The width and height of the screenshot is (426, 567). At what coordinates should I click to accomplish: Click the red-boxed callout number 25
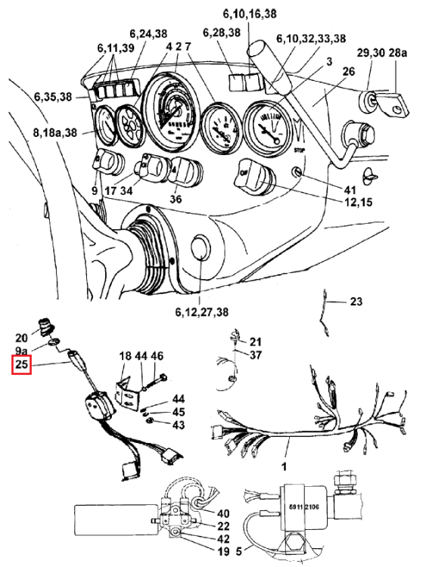(22, 364)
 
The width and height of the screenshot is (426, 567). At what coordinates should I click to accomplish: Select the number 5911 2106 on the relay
(304, 507)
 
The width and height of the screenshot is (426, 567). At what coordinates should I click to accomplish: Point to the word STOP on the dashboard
(299, 150)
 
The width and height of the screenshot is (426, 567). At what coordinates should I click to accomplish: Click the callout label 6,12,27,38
(202, 311)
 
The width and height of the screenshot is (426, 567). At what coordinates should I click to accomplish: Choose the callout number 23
(356, 301)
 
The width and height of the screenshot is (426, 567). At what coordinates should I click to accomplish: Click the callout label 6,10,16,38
(250, 14)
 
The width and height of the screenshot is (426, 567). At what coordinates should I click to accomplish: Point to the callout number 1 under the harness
(285, 466)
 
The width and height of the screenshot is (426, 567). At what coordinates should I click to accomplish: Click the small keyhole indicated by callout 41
(297, 172)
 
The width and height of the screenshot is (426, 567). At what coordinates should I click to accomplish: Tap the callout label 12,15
(359, 202)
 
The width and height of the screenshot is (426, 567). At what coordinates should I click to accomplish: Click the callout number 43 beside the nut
(178, 425)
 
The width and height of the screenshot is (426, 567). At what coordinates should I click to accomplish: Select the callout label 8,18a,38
(55, 133)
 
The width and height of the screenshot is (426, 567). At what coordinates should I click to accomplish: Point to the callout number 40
(223, 513)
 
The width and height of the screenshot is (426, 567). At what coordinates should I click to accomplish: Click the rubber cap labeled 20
(46, 325)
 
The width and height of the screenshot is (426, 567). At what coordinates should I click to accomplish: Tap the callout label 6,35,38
(53, 97)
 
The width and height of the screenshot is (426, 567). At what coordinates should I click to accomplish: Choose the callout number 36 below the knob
(176, 199)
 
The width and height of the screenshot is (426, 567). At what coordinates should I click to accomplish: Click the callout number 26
(349, 71)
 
